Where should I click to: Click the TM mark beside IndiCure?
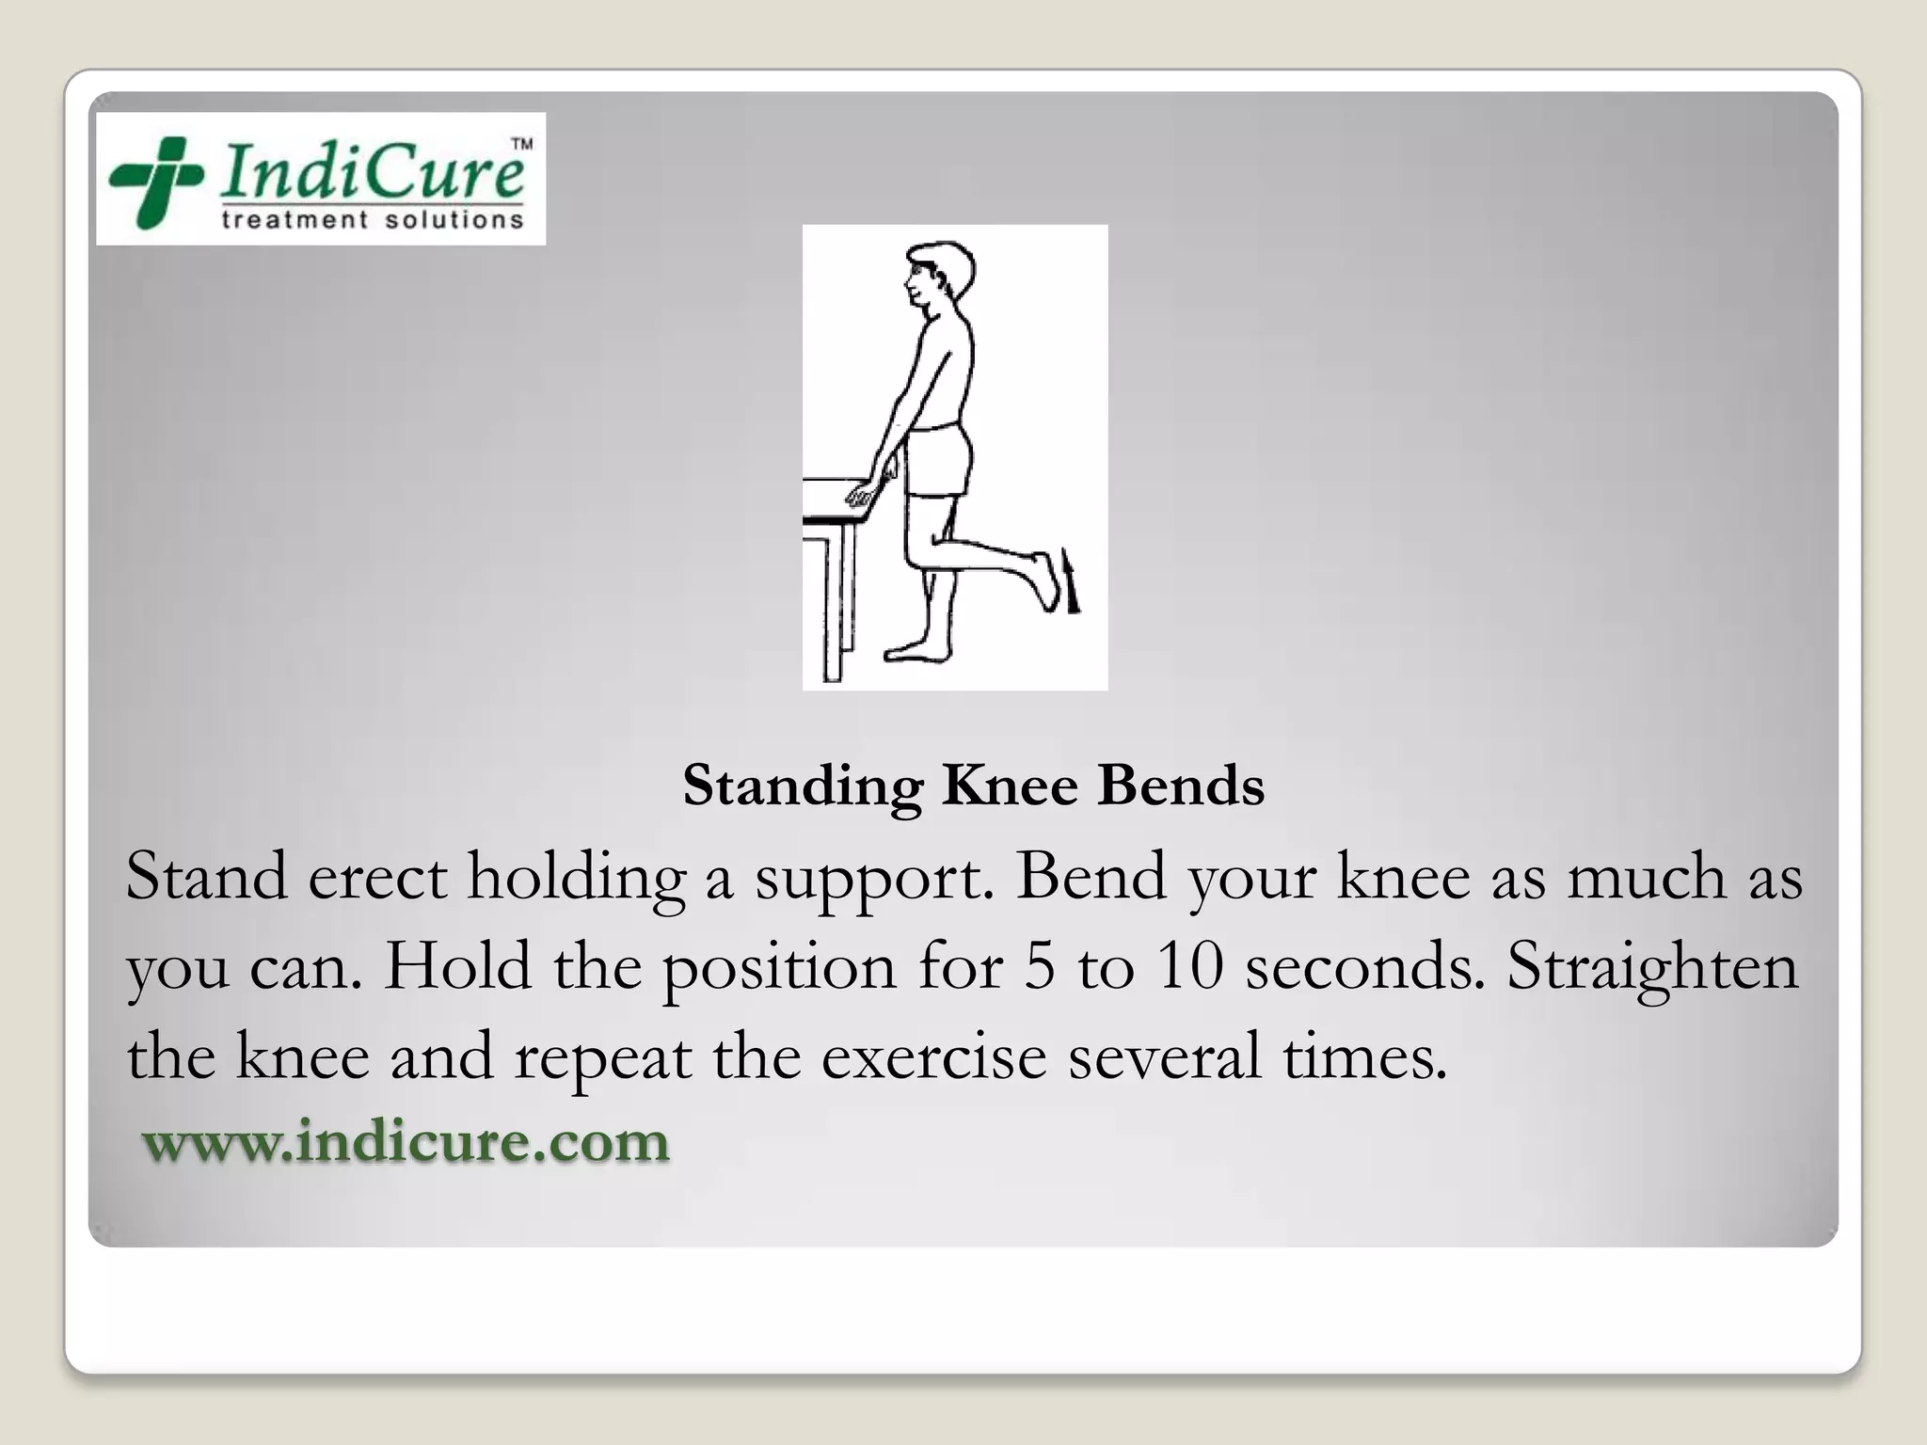coord(520,145)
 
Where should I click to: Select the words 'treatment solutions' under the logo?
coord(371,220)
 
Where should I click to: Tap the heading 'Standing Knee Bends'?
coord(973,785)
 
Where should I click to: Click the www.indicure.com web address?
coord(406,1141)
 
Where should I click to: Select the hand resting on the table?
coord(863,495)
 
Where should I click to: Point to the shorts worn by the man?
coord(936,461)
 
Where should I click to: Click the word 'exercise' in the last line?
coord(933,1056)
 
